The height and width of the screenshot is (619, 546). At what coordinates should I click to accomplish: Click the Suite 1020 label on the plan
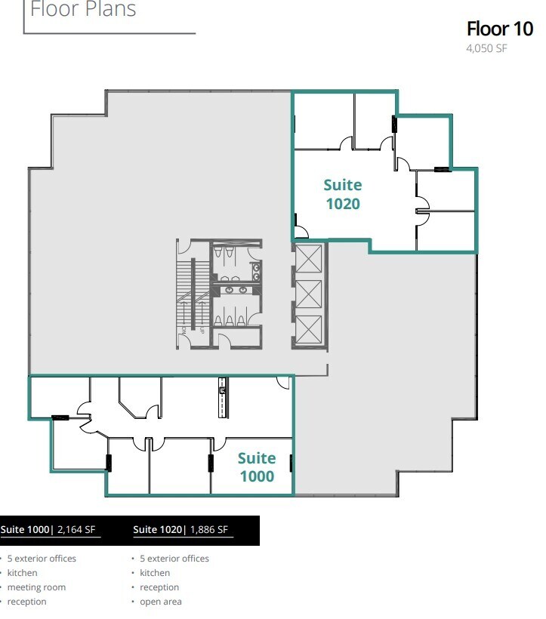point(342,194)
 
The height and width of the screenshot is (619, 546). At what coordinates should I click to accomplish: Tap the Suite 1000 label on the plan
point(257,467)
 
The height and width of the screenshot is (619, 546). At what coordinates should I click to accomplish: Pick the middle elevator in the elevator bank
point(308,294)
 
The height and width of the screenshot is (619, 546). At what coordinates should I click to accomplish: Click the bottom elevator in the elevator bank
point(308,329)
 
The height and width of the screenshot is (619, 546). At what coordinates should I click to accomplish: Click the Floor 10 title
point(500,29)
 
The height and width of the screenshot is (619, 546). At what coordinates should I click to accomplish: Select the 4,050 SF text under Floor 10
point(486,51)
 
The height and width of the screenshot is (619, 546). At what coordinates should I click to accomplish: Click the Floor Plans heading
point(83,10)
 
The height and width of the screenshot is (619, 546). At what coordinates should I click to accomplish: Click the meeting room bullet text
point(36,587)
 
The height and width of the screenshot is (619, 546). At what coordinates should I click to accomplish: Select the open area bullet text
point(161,602)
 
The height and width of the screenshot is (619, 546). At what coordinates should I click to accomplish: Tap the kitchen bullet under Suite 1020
point(155,573)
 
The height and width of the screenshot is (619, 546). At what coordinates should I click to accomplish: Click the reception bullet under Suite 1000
point(26,602)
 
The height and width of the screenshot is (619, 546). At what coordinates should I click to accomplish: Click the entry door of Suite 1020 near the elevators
point(300,233)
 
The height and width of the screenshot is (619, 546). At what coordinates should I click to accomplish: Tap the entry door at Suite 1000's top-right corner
point(283,383)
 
